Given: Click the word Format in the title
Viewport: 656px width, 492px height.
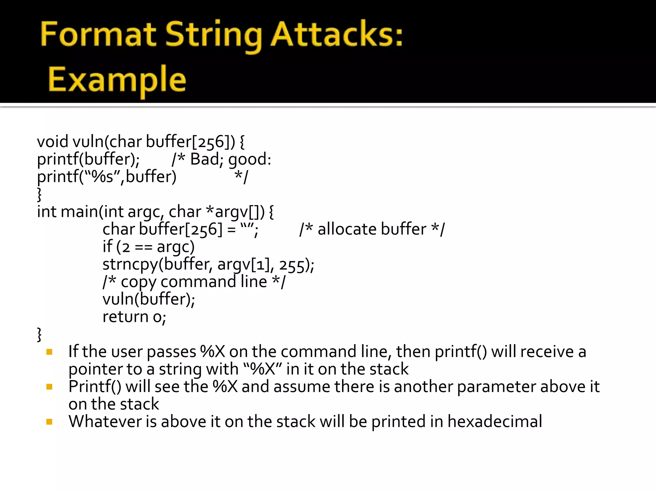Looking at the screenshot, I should coord(98,34).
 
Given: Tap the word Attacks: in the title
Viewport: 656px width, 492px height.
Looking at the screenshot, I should coord(337,34).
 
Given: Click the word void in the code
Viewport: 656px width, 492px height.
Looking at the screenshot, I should coord(53,142).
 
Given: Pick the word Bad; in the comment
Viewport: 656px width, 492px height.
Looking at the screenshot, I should coord(207,159).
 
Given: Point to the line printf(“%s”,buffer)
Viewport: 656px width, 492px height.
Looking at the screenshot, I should coord(107,177).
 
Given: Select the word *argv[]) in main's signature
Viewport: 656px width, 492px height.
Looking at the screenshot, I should coord(235,212).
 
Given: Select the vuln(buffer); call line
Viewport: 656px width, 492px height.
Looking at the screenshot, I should coord(149,299).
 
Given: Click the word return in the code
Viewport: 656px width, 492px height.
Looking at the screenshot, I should coord(125,317).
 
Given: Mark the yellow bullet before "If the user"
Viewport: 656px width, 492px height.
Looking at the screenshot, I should coord(49,352).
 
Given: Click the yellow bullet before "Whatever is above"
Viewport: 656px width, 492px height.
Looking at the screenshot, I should coord(49,422).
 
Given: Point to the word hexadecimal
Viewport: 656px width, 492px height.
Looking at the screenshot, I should coord(495,422).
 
